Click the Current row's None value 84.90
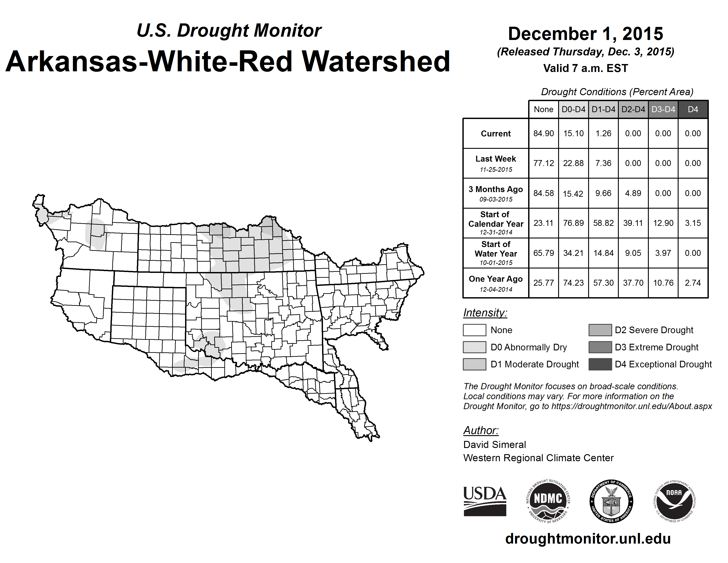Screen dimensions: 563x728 click(543, 133)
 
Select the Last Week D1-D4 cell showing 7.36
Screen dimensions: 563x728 click(603, 163)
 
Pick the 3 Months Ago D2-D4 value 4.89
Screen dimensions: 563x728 click(633, 193)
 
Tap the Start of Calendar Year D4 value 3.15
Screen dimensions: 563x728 click(693, 223)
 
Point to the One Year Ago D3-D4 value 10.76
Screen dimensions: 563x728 click(663, 283)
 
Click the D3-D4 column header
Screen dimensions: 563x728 click(663, 109)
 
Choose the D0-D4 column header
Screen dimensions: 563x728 click(573, 109)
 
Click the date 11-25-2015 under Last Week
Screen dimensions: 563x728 click(496, 169)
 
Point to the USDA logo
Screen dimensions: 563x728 click(485, 501)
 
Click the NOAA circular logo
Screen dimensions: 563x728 click(675, 501)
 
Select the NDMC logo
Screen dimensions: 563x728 click(548, 501)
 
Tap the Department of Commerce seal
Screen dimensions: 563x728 click(611, 501)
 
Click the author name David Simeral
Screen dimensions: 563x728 click(494, 445)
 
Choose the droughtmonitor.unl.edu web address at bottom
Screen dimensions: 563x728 click(588, 539)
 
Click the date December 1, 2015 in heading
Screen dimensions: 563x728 click(585, 34)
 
